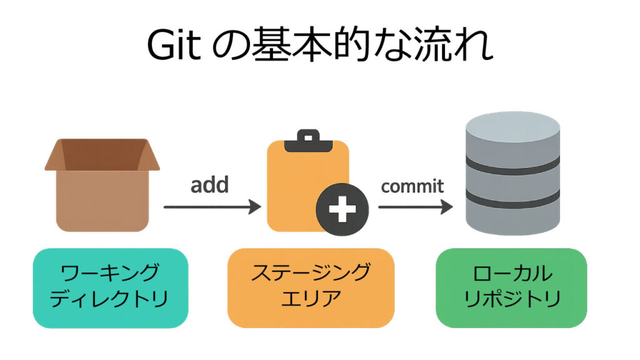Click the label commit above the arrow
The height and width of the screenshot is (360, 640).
tap(412, 186)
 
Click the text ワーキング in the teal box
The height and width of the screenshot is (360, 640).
tap(110, 274)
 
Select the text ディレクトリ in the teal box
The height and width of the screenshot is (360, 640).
tap(110, 299)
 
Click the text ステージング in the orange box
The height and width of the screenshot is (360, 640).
tap(311, 273)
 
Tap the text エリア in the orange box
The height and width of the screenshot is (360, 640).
tap(311, 299)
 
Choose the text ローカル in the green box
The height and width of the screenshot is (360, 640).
tap(512, 273)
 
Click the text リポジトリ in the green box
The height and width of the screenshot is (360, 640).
tap(512, 299)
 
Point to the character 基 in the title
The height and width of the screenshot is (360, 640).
tap(273, 44)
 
